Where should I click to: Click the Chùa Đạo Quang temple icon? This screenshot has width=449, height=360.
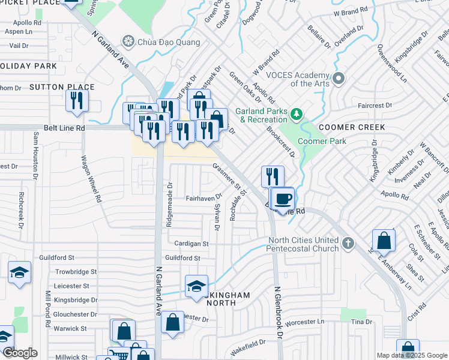[127, 42]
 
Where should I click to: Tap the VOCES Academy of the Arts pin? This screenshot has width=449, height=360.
[339, 79]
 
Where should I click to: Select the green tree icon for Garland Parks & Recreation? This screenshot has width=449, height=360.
[295, 113]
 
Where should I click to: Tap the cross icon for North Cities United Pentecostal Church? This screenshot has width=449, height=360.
[349, 244]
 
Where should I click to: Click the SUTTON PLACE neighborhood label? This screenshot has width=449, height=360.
[62, 87]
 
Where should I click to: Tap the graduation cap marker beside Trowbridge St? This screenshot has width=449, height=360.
[20, 272]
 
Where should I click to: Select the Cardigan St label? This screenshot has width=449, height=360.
[191, 244]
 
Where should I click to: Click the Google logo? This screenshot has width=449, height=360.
[20, 353]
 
